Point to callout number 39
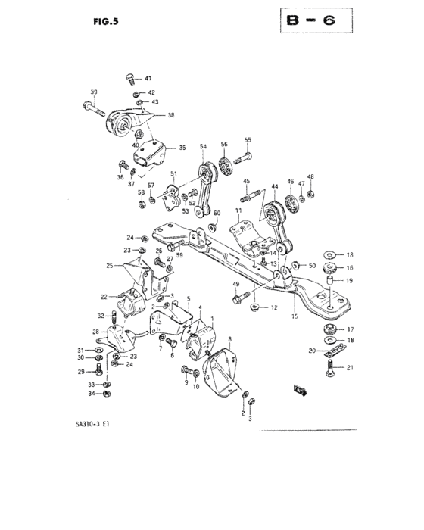[x=93, y=92]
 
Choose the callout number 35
[x=172, y=148]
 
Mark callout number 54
[x=203, y=146]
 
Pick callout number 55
[x=247, y=140]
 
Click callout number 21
[x=350, y=368]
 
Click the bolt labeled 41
[x=130, y=78]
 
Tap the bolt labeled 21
[x=331, y=369]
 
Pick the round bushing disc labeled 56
[x=224, y=165]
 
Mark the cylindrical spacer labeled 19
[x=329, y=282]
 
